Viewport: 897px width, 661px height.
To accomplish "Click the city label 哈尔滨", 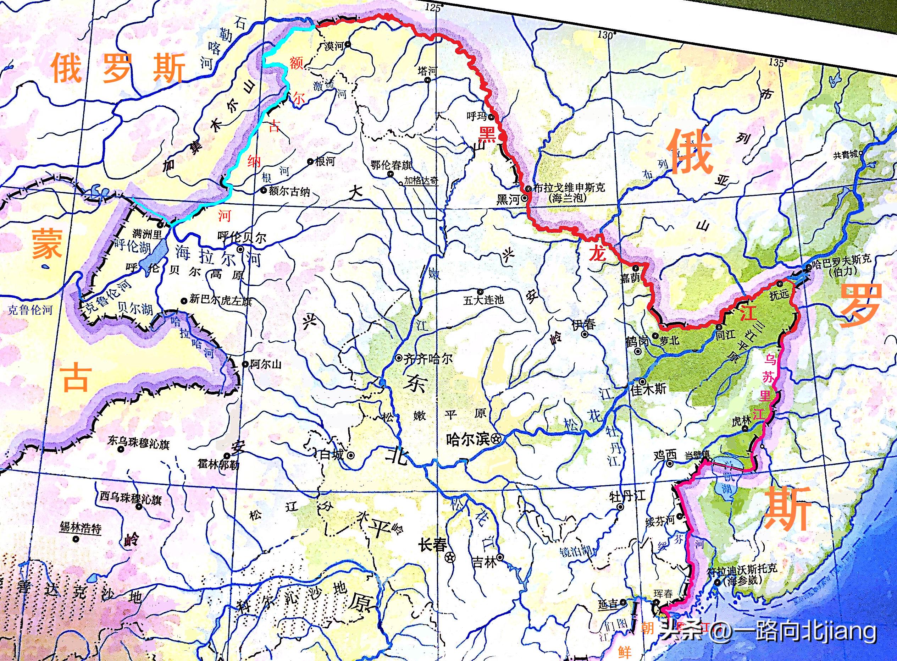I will point(467,439).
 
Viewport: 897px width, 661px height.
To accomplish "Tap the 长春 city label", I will point(432,545).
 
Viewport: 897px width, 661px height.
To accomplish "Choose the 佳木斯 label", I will point(648,389).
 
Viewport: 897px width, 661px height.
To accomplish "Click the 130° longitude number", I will point(606,35).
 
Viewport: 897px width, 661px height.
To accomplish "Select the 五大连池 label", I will point(483,300).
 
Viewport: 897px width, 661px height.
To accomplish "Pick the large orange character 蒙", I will point(47,244).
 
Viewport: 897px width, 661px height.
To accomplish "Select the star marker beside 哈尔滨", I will point(496,439).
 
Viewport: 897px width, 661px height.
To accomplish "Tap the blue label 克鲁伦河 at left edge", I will point(30,310).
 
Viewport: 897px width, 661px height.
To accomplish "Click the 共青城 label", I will point(846,155).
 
